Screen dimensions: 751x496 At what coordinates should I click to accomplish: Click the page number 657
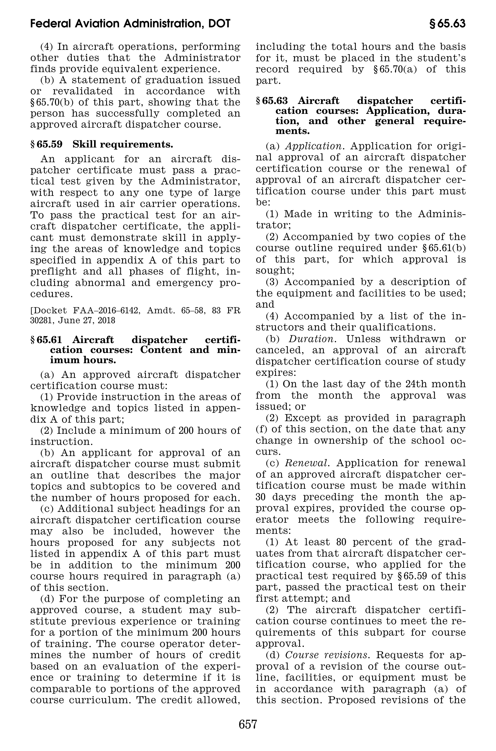pyautogui.click(x=248, y=724)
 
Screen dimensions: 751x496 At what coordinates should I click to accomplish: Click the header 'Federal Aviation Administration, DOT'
pyautogui.click(x=130, y=24)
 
